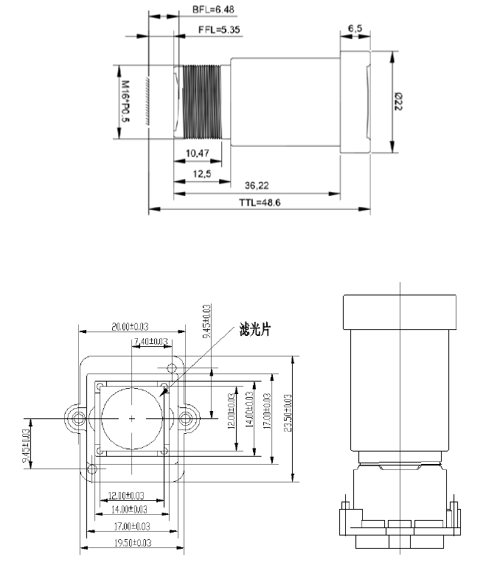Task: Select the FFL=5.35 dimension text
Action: [x=218, y=30]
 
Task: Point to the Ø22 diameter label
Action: [x=398, y=102]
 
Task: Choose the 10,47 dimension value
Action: [x=198, y=153]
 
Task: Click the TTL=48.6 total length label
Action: [x=258, y=203]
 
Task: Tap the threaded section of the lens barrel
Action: [x=201, y=102]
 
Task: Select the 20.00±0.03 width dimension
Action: [x=131, y=327]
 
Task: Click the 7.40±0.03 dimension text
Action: [x=150, y=342]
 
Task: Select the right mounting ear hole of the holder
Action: [x=188, y=418]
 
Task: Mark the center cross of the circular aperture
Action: [x=132, y=418]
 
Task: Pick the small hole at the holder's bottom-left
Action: [x=91, y=468]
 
